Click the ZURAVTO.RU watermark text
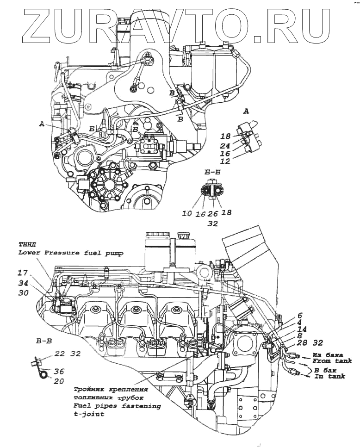[x=180, y=23]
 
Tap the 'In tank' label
[x=329, y=377]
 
